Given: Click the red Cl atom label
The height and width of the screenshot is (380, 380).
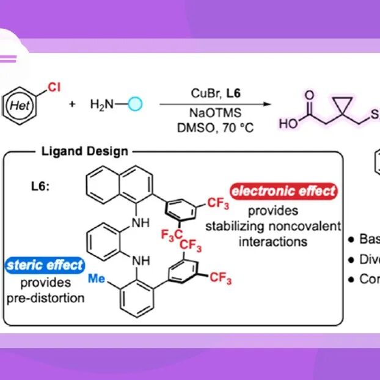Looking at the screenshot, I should coord(54,87).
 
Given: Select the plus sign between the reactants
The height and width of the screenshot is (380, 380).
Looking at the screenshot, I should coord(72,105).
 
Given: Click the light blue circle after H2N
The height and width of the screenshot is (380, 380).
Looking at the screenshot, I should coord(135,104).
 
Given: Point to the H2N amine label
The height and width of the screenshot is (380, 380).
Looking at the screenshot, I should coord(103,104).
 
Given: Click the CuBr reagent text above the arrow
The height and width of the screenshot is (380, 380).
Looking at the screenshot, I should coord(199,92).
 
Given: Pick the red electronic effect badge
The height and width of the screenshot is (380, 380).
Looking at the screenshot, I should coord(283,191).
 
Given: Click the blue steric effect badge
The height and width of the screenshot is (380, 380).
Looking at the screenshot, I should coord(45,265).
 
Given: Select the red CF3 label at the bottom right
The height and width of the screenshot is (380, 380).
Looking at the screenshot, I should coord(221,279).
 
